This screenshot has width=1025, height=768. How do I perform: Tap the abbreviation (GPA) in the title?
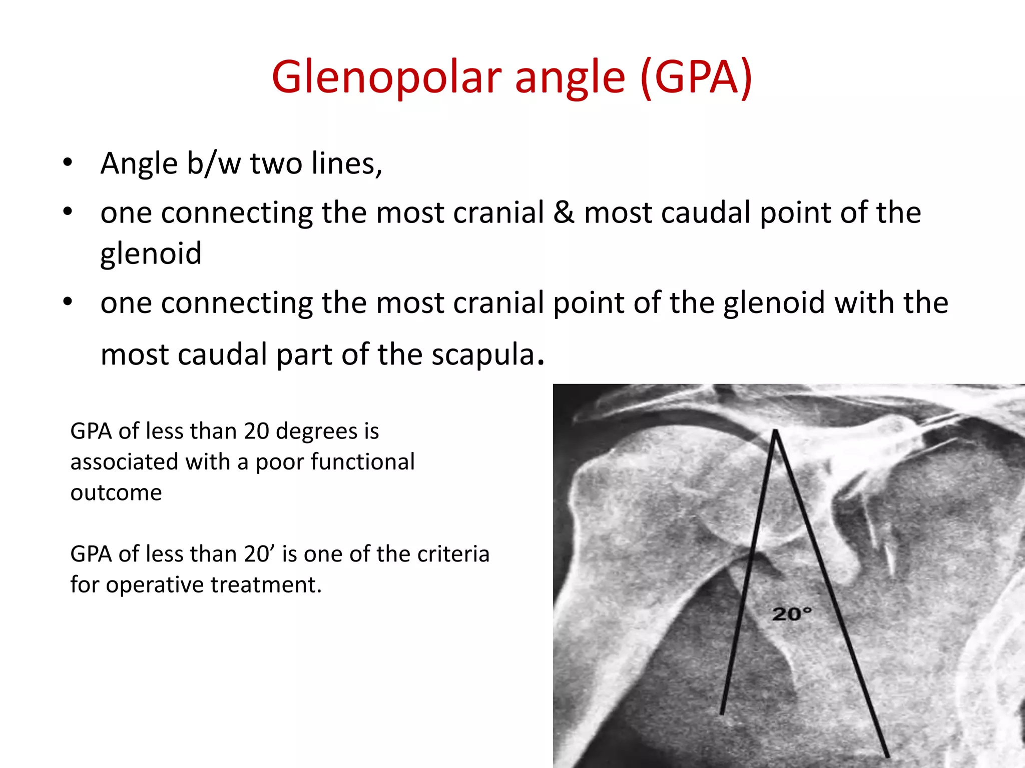[696, 77]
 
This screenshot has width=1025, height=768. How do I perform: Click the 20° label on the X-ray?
[791, 613]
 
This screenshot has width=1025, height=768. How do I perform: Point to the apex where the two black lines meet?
[775, 431]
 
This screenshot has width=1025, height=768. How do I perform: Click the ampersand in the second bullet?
[564, 212]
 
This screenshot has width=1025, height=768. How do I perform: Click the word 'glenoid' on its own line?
[151, 253]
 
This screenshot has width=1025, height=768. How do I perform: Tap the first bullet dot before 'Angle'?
[68, 162]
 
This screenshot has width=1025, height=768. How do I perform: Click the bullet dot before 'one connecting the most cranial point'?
[68, 302]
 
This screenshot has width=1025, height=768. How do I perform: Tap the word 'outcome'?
[116, 492]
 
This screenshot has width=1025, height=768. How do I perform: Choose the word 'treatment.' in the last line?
[266, 584]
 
